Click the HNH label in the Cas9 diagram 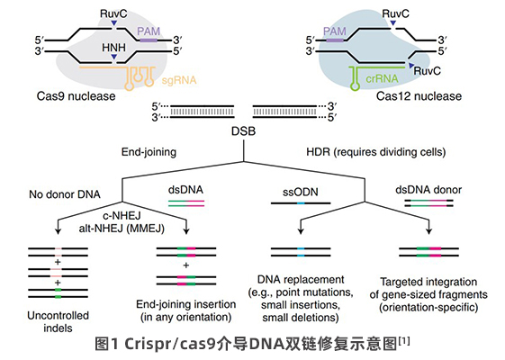point(113,48)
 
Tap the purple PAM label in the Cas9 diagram point(149,31)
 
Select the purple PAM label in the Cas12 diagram point(335,31)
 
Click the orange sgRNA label point(179,80)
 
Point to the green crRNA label point(382,78)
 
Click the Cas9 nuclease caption point(76,96)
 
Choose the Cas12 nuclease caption point(419,96)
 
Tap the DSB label point(243,131)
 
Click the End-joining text point(149,152)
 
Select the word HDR point(318,152)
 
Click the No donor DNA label point(65,194)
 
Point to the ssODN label point(301,193)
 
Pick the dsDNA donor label point(428,190)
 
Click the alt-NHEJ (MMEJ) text point(122,229)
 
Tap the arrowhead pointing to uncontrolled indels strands point(58,230)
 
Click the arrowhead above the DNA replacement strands point(301,230)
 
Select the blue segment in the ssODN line point(301,203)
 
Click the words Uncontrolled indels point(58,321)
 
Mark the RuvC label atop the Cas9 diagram point(113,13)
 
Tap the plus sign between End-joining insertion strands point(185,265)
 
